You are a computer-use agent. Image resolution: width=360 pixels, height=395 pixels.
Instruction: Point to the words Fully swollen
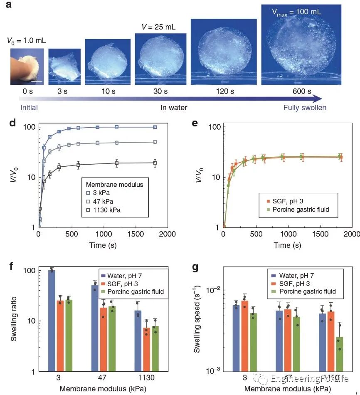pos(305,108)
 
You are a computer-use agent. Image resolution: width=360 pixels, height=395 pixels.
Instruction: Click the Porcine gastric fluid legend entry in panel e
pos(298,209)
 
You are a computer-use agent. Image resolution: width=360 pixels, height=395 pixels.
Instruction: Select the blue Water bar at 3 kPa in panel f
pos(52,320)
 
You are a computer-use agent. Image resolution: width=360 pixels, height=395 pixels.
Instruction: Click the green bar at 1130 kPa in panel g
pos(340,354)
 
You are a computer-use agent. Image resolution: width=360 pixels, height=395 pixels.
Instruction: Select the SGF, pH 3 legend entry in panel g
pos(301,283)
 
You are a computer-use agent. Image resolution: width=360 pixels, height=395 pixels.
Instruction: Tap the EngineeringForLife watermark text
pos(309,378)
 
